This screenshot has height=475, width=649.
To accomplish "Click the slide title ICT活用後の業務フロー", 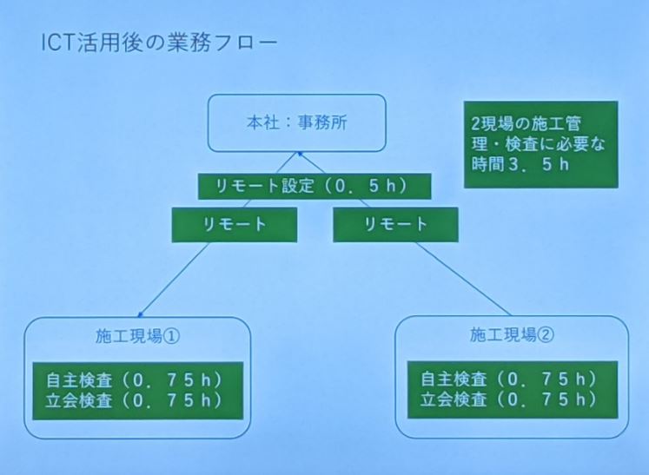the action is click(159, 43).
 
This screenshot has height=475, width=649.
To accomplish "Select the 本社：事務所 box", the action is click(297, 123).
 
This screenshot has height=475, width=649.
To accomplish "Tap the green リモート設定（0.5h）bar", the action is click(315, 186).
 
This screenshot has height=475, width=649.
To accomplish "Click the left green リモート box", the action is click(235, 225).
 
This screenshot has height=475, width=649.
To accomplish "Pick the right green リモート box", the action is click(395, 225).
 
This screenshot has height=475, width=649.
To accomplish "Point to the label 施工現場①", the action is click(138, 336).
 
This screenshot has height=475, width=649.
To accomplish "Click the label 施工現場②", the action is click(512, 334).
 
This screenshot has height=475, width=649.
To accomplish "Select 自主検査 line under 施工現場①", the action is click(135, 380).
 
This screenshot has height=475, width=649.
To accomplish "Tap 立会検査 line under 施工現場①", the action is click(135, 400).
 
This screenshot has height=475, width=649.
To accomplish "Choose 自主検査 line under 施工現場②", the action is click(509, 379).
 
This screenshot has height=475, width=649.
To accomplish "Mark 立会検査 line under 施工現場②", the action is click(509, 399).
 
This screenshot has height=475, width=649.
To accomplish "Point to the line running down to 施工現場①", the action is click(175, 280).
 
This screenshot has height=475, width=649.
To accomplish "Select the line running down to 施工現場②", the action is click(463, 279).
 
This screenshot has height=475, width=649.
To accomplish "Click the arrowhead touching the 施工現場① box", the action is click(141, 315).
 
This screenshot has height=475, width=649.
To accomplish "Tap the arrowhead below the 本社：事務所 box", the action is click(299, 155).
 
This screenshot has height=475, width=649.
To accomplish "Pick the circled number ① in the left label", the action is click(172, 336).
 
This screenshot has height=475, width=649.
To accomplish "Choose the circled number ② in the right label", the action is click(546, 334).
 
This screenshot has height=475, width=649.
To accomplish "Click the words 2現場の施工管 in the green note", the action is click(526, 123).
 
